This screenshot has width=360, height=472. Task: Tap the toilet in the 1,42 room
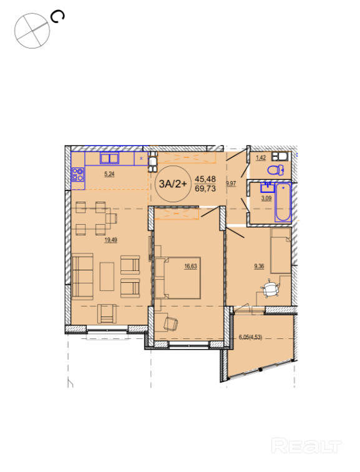coord(276,170)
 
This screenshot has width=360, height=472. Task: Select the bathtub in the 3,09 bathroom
coord(283,202)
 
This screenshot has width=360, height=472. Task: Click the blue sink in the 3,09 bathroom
coord(268,187)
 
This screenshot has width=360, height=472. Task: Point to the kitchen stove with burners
coord(77,175)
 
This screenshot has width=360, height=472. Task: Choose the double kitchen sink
coord(109,158)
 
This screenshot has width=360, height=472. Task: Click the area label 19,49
coord(110,240)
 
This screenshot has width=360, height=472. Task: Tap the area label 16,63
coord(191,266)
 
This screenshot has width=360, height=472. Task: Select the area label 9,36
coord(259,266)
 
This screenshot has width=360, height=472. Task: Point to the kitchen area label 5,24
coord(109,174)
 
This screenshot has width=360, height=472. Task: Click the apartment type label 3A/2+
coord(173,184)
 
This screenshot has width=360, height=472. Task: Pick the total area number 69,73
coord(205,189)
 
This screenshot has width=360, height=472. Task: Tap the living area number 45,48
coord(205,179)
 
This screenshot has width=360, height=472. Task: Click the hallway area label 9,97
coord(231,184)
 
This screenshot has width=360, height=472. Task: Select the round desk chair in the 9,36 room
coord(270,289)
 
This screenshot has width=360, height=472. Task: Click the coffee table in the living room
coord(107,277)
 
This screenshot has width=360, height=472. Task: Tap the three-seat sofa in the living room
coord(82,276)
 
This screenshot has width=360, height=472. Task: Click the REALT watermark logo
coord(306,446)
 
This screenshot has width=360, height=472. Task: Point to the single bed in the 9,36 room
coord(281,250)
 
